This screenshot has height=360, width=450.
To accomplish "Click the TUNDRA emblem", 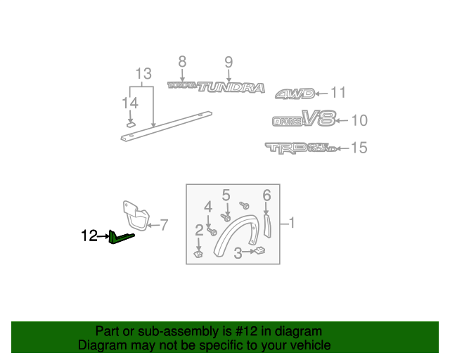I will click(x=231, y=88).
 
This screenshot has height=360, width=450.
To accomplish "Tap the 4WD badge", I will click(x=292, y=94).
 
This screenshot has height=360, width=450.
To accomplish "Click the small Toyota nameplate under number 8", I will click(x=181, y=85).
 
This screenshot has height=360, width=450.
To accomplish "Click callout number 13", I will click(x=143, y=74).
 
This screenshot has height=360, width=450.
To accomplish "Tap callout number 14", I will click(x=129, y=103).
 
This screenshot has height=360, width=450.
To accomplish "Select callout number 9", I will click(x=229, y=61).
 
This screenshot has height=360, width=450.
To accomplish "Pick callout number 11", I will click(x=338, y=93).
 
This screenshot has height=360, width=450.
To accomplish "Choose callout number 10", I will click(x=359, y=121).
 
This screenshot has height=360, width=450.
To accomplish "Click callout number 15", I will click(x=359, y=148).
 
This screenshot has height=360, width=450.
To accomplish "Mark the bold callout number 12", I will click(x=89, y=236).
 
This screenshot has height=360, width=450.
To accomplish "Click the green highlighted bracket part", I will click(x=120, y=239).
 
